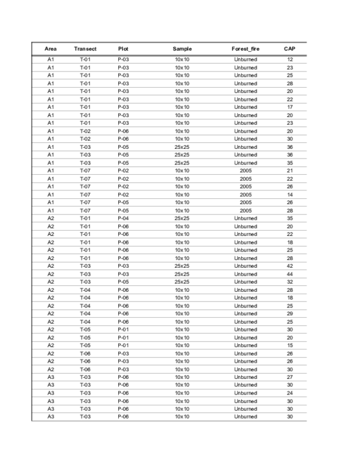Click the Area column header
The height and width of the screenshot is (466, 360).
pos(51,48)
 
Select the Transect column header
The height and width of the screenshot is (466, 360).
pos(85,48)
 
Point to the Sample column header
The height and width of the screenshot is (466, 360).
pos(182,48)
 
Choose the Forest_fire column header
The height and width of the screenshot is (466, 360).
pos(245,48)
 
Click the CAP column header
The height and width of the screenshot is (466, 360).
pos(290,48)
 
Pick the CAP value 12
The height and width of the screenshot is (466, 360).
pos(290,59)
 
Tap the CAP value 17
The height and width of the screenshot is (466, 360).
pos(290,107)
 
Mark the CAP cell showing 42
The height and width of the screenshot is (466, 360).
pos(290,265)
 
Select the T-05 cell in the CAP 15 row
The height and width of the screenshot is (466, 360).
pos(85,345)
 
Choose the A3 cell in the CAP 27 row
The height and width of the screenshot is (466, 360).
pos(51,377)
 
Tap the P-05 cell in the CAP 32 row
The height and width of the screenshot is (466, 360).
pos(124,282)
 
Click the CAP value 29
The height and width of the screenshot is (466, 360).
pos(290,313)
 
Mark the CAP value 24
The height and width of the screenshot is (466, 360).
pos(290,392)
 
